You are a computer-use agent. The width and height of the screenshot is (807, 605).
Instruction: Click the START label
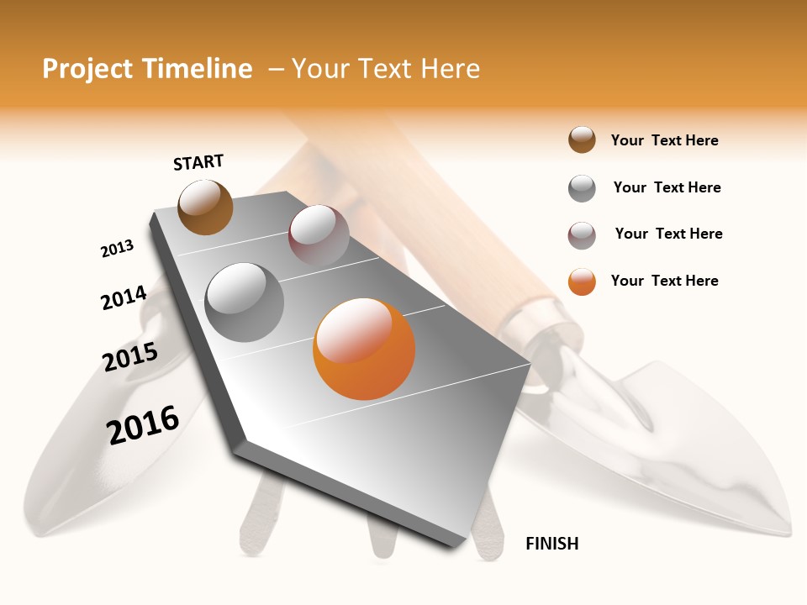(x=198, y=162)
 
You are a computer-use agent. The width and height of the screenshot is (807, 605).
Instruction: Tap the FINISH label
(x=551, y=544)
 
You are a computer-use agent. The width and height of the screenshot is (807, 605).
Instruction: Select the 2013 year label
(x=117, y=249)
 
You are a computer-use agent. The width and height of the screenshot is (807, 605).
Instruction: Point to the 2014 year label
(x=124, y=298)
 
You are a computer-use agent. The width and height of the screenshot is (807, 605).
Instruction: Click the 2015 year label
(x=130, y=357)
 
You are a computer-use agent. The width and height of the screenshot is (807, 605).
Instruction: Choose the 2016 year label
(x=143, y=424)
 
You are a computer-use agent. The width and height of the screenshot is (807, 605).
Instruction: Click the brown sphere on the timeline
(x=205, y=207)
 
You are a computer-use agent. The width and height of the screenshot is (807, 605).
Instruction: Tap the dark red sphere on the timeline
(x=319, y=234)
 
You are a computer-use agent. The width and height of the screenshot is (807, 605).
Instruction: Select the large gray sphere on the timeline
(x=245, y=302)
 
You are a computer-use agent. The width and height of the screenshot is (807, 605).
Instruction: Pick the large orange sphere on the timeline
(x=364, y=349)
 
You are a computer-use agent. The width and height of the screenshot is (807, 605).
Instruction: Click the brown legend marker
(x=582, y=140)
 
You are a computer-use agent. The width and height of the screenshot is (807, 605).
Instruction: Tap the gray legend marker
(x=582, y=188)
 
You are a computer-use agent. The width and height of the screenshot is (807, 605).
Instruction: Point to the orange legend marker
(x=582, y=281)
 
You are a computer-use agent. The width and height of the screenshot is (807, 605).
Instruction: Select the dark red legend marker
(x=582, y=235)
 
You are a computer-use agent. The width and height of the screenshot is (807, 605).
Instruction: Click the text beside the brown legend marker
(x=664, y=141)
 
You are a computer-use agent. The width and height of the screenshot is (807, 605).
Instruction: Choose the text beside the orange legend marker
(x=664, y=281)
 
